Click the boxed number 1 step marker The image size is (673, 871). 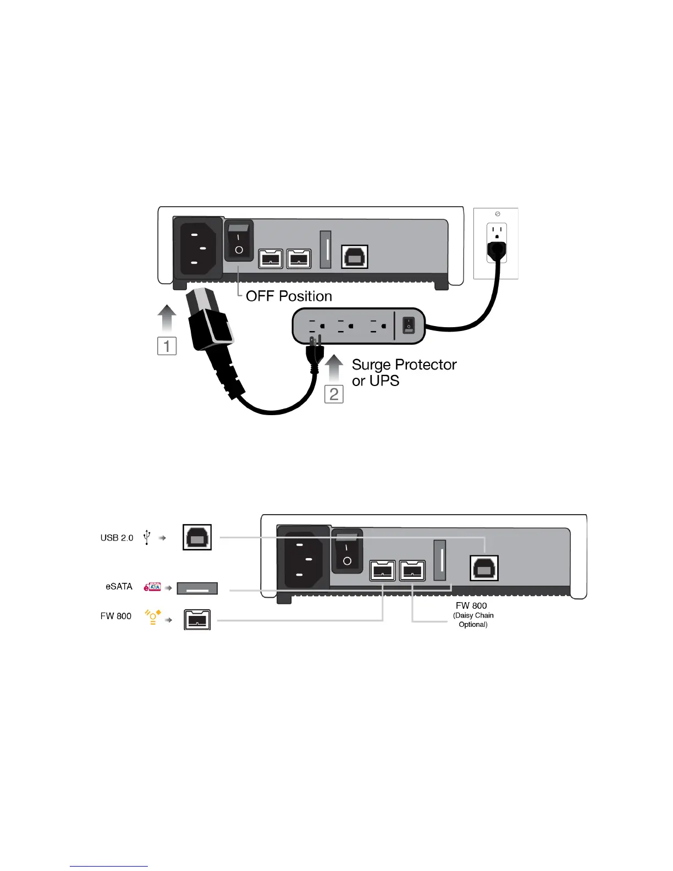click(167, 346)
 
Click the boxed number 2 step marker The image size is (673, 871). click(334, 394)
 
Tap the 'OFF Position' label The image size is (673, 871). click(289, 296)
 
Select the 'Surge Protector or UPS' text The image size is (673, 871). click(404, 372)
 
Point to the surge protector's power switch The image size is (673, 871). click(409, 326)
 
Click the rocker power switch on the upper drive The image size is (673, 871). click(239, 241)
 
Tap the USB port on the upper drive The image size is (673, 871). click(355, 257)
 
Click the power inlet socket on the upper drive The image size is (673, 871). click(198, 249)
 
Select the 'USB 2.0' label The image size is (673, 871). click(117, 538)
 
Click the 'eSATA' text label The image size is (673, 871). click(119, 586)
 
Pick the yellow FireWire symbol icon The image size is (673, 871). click(152, 616)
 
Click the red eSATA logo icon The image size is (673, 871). click(152, 587)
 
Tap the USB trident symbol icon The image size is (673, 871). click(147, 537)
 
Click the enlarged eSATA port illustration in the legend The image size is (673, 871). click(197, 588)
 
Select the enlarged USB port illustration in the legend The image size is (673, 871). click(197, 538)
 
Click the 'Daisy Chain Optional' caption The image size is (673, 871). click(473, 620)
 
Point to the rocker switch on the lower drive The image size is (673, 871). click(347, 552)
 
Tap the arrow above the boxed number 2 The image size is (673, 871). click(334, 368)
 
